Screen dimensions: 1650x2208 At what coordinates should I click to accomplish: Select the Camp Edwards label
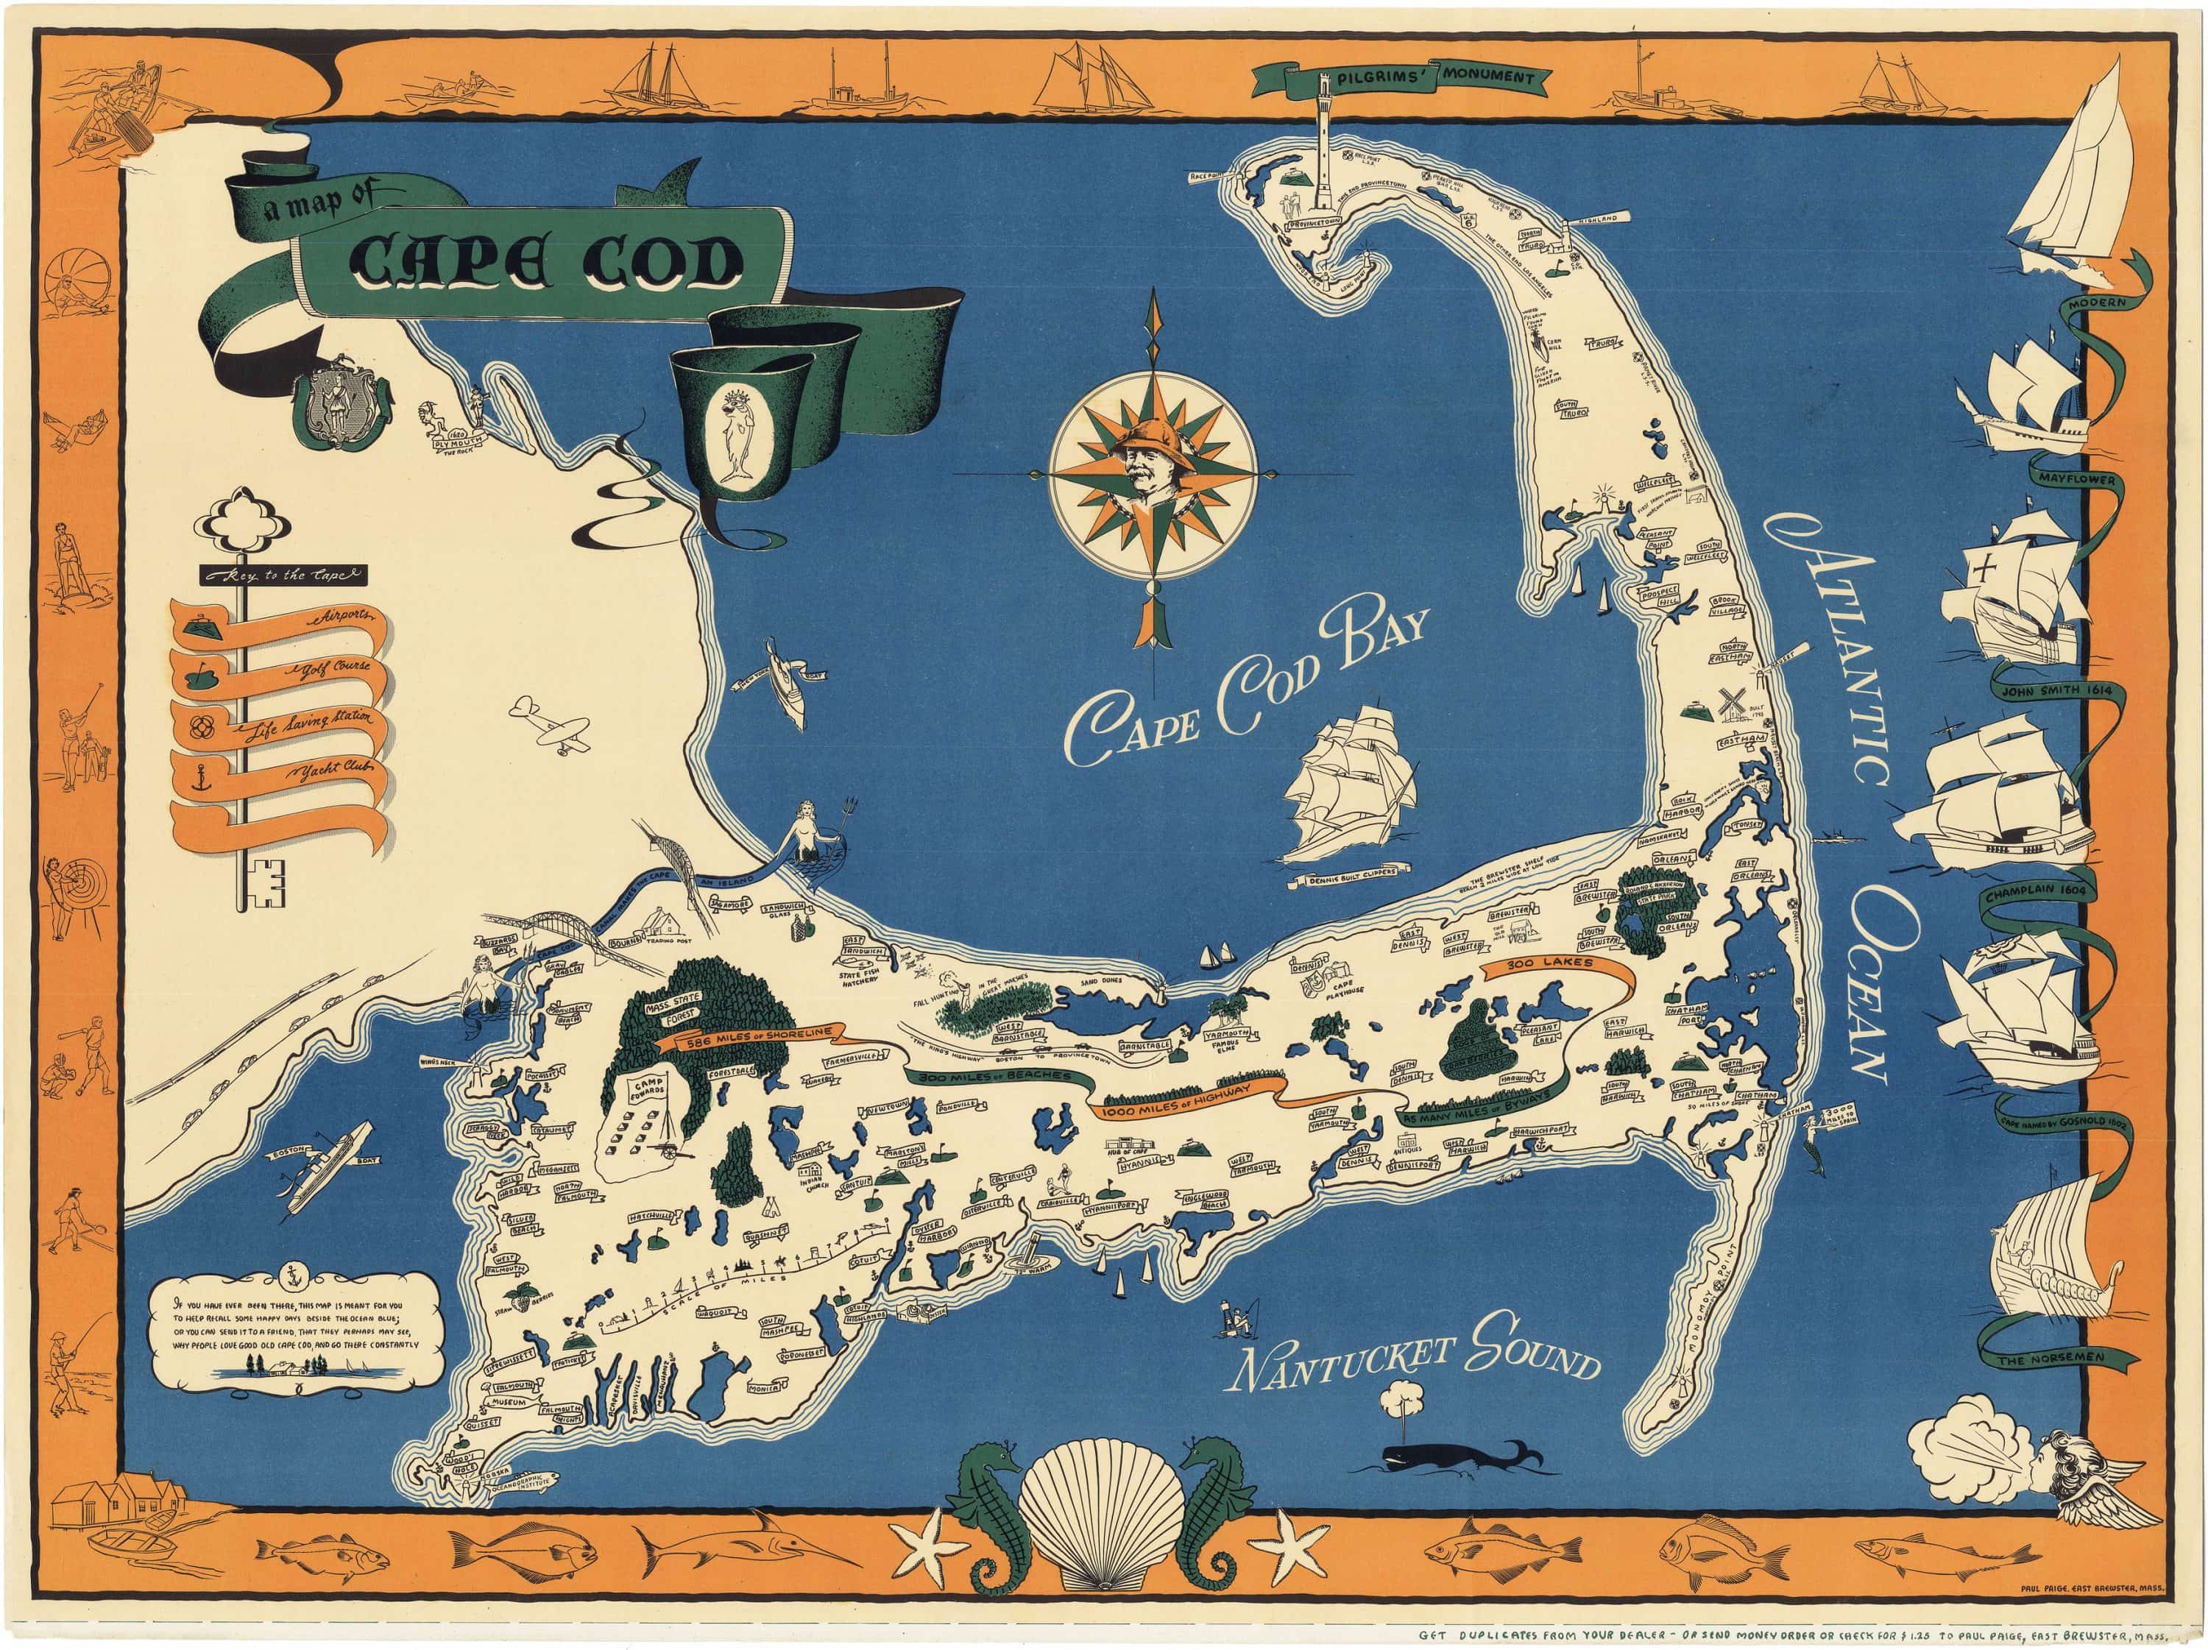[647, 1088]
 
